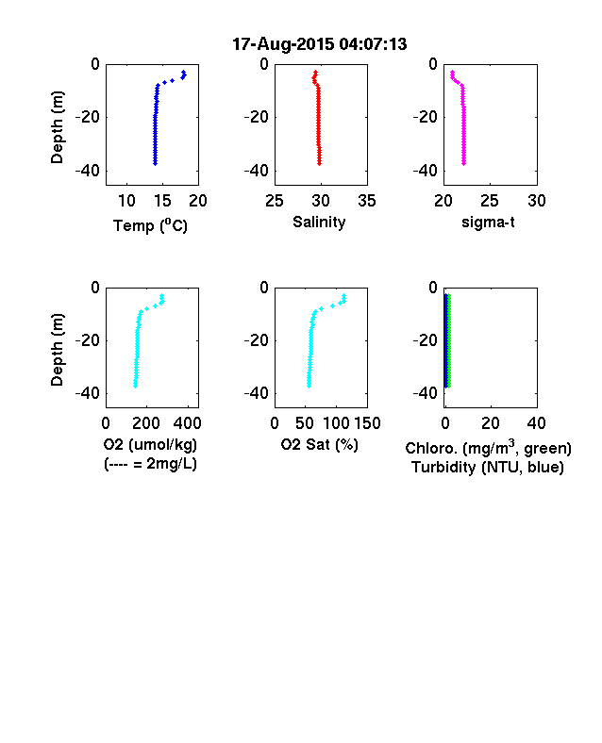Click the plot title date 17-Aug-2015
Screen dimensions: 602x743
coord(283,44)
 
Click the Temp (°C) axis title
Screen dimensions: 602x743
coord(150,225)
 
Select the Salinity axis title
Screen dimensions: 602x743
coord(319,222)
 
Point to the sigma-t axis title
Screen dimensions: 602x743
coord(488,222)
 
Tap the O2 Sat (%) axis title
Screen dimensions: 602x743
coord(319,444)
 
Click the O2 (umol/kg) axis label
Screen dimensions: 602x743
coord(150,444)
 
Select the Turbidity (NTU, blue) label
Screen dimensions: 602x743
coord(488,468)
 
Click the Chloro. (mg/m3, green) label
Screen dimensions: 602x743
coord(488,448)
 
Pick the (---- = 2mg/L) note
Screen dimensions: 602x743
coord(150,463)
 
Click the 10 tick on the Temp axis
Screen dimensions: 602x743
coord(126,201)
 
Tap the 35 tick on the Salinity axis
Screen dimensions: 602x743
coord(367,201)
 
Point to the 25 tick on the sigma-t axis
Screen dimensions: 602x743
coord(489,201)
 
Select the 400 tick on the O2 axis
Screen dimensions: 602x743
coord(188,423)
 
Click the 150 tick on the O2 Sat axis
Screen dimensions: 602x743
coord(367,423)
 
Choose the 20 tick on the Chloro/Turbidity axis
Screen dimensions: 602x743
coord(490,423)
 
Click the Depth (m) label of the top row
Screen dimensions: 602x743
coord(57,127)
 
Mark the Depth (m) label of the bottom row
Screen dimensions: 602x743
coord(57,350)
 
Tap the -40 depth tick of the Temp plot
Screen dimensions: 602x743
coord(88,171)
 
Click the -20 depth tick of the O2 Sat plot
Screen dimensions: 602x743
coord(257,340)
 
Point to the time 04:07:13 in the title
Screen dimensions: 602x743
coord(373,44)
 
